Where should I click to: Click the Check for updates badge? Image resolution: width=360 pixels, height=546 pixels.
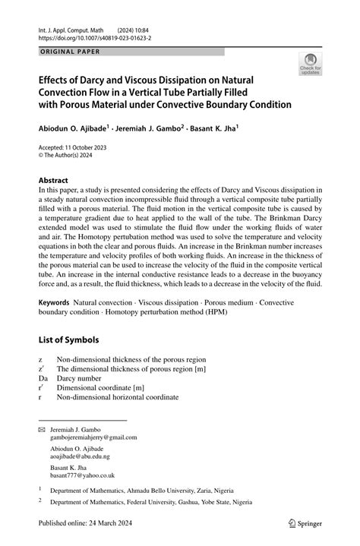[310, 65]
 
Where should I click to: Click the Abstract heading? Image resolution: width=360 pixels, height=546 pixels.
[59, 181]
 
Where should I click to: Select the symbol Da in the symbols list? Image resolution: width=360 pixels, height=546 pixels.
[43, 377]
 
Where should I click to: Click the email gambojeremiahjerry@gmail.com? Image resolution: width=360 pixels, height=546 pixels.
[93, 437]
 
